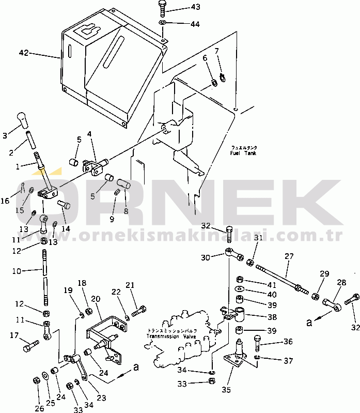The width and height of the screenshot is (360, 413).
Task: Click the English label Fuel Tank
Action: (x=244, y=153)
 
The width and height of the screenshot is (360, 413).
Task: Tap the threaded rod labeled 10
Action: (x=44, y=277)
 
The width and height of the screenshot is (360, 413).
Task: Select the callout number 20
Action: (x=95, y=299)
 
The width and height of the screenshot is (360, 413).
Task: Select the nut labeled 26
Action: (x=36, y=380)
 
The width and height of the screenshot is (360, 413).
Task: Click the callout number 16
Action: (x=5, y=201)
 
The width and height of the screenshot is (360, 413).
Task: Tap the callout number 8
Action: (x=126, y=211)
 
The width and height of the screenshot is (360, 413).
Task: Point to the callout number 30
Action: (x=206, y=257)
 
